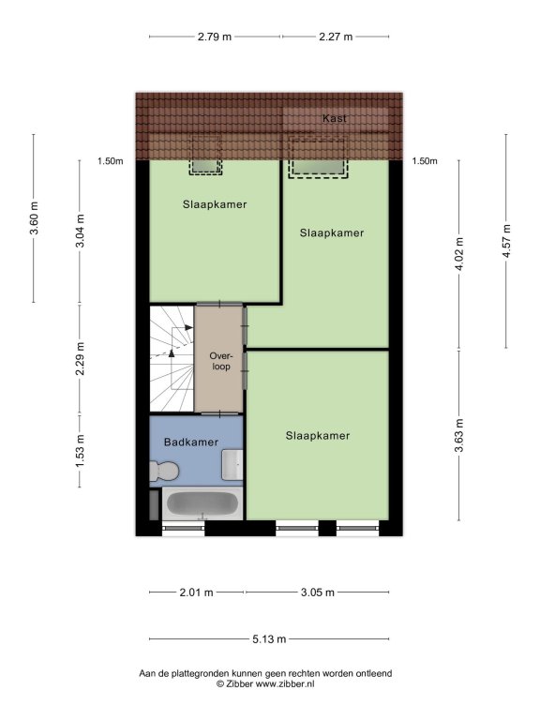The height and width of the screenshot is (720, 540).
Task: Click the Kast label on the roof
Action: pyautogui.click(x=335, y=118)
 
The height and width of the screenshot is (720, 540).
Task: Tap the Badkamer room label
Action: pyautogui.click(x=191, y=442)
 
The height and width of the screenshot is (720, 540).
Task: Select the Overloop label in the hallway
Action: pyautogui.click(x=221, y=361)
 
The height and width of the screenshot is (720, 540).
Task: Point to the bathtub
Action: pyautogui.click(x=202, y=503)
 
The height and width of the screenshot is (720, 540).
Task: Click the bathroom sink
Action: pyautogui.click(x=232, y=465)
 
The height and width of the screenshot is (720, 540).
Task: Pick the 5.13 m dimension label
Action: pyautogui.click(x=269, y=638)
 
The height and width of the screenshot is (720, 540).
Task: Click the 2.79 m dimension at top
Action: pyautogui.click(x=215, y=37)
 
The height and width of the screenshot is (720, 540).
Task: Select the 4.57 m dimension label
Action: pyautogui.click(x=506, y=241)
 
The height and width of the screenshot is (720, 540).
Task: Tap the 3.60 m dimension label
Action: pyautogui.click(x=34, y=218)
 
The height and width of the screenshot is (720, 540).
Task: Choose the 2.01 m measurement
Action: pyautogui.click(x=196, y=592)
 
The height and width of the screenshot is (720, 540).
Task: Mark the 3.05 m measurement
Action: pyautogui.click(x=317, y=592)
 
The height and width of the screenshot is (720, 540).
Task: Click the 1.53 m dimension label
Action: pyautogui.click(x=80, y=451)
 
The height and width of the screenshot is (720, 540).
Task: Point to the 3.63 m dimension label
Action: pyautogui.click(x=459, y=435)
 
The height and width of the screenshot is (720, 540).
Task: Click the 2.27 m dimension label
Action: pyautogui.click(x=336, y=37)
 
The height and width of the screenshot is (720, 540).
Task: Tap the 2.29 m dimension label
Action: pyautogui.click(x=80, y=359)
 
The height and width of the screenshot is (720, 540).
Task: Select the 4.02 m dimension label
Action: pyautogui.click(x=459, y=254)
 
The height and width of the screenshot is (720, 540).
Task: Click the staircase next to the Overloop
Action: pyautogui.click(x=172, y=359)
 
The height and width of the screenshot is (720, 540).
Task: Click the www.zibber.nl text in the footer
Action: pyautogui.click(x=285, y=683)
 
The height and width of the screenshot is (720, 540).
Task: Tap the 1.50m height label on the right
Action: pyautogui.click(x=425, y=161)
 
